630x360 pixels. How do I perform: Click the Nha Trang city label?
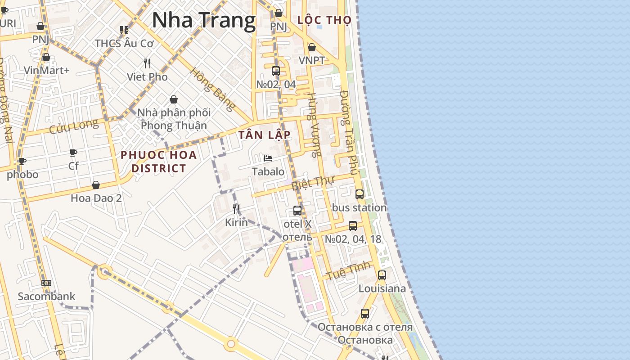pyautogui.click(x=203, y=21)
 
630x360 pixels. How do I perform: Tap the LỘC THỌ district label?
pyautogui.click(x=324, y=20)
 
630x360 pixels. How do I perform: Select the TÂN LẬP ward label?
pyautogui.click(x=264, y=135)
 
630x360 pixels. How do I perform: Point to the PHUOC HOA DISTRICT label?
pyautogui.click(x=158, y=162)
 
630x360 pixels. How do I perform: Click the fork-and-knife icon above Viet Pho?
pyautogui.click(x=147, y=63)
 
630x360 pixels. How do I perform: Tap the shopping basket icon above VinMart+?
pyautogui.click(x=46, y=57)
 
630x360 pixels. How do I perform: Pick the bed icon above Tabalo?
pyautogui.click(x=268, y=158)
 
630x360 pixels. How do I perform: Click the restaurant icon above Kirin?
pyautogui.click(x=236, y=209)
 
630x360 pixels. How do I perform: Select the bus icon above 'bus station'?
pyautogui.click(x=359, y=194)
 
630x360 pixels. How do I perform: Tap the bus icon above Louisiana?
pyautogui.click(x=382, y=275)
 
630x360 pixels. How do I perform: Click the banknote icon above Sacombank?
pyautogui.click(x=46, y=283)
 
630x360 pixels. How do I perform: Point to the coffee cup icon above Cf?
pyautogui.click(x=73, y=153)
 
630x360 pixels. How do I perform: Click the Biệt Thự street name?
pyautogui.click(x=313, y=183)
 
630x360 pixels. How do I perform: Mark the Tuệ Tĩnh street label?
pyautogui.click(x=349, y=270)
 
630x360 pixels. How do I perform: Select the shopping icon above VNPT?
pyautogui.click(x=311, y=47)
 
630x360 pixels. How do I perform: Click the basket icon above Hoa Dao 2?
pyautogui.click(x=96, y=185)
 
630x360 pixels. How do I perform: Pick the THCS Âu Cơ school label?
pyautogui.click(x=124, y=43)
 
